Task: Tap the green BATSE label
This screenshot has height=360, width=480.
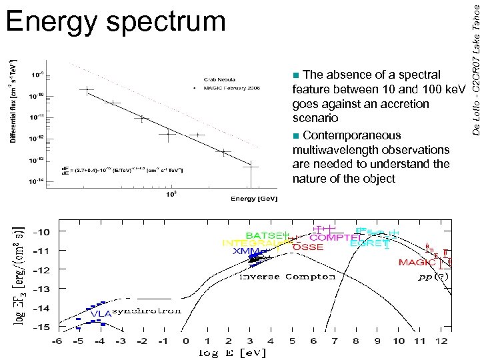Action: pyautogui.click(x=265, y=235)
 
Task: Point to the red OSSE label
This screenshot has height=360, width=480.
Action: pyautogui.click(x=308, y=247)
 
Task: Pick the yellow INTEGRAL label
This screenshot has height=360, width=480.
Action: pyautogui.click(x=252, y=243)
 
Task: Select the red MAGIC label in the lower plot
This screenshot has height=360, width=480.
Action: pyautogui.click(x=417, y=262)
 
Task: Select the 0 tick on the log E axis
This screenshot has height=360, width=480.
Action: pyautogui.click(x=185, y=340)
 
